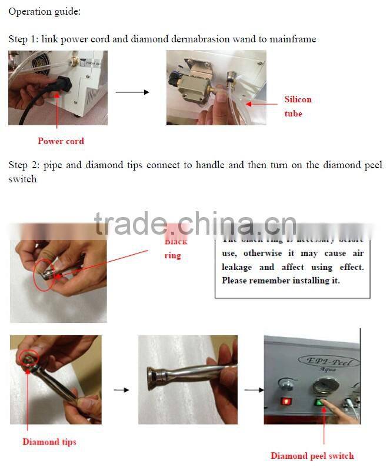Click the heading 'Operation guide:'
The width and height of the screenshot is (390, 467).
click(x=45, y=11)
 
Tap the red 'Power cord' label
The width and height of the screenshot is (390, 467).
click(x=61, y=141)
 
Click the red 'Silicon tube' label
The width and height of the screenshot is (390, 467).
click(x=298, y=106)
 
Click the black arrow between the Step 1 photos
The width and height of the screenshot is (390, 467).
click(x=132, y=92)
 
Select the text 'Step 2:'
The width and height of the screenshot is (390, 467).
click(x=24, y=165)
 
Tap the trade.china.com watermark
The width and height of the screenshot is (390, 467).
click(x=195, y=224)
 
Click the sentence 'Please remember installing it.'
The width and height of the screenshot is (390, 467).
click(x=281, y=281)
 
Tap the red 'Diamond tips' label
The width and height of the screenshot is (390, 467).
click(x=49, y=442)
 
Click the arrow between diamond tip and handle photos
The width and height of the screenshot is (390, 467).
click(x=121, y=390)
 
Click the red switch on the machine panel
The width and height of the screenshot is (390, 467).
click(x=286, y=402)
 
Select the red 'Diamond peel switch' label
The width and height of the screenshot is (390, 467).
click(x=312, y=456)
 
